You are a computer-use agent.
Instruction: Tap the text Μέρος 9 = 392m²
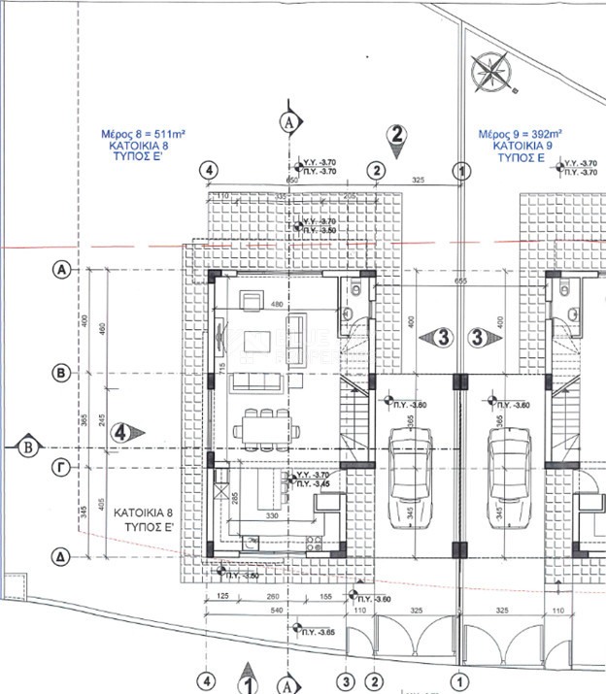pyautogui.click(x=522, y=134)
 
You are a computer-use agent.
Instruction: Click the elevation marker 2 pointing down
pyautogui.click(x=395, y=136)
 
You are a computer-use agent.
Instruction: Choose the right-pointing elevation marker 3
pyautogui.click(x=480, y=337)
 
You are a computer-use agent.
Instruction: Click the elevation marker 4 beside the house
pyautogui.click(x=124, y=431)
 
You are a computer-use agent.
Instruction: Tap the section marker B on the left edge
pyautogui.click(x=28, y=446)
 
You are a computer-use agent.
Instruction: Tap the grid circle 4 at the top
pyautogui.click(x=206, y=170)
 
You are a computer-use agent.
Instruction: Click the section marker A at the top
pyautogui.click(x=286, y=121)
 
